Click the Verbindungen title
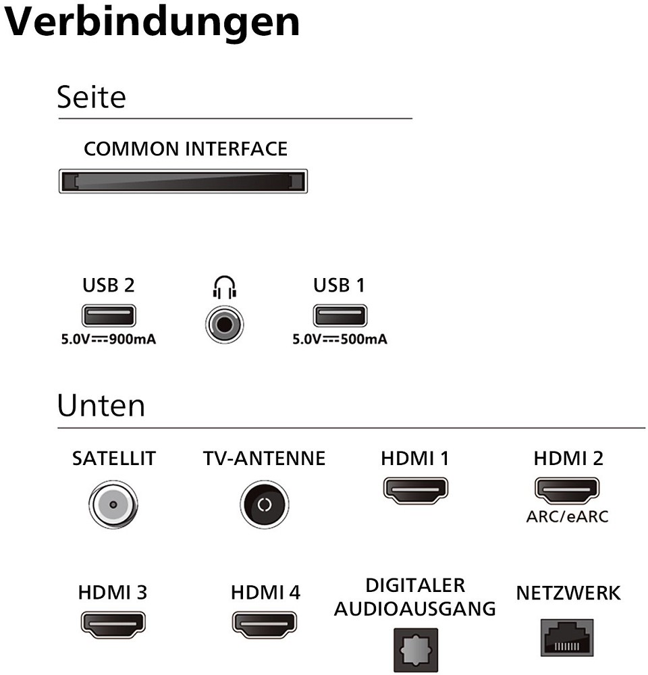click(x=153, y=23)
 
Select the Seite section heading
click(x=91, y=97)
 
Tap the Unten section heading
click(x=101, y=406)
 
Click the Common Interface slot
click(x=182, y=181)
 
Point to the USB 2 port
click(x=109, y=316)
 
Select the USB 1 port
click(x=339, y=316)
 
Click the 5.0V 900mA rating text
click(x=109, y=340)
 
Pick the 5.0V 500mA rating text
click(x=340, y=340)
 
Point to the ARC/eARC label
click(x=568, y=517)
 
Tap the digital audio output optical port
click(x=415, y=650)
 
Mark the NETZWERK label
click(x=568, y=593)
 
